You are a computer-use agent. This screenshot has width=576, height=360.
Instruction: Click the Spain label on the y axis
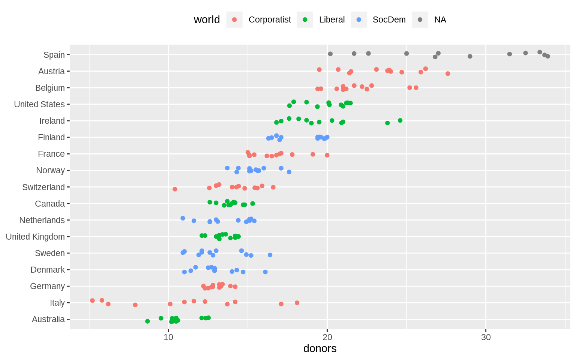[x=54, y=55]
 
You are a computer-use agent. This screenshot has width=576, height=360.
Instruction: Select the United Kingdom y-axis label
[x=35, y=237]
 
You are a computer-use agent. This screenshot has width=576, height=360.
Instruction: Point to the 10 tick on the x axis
[x=168, y=337]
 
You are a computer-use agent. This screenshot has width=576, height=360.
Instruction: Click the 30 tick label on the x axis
[x=486, y=337]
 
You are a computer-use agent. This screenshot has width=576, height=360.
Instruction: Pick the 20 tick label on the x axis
[x=327, y=337]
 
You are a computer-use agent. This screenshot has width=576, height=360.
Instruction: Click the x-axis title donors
[x=320, y=349]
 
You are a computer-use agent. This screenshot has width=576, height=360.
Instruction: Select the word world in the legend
[x=207, y=20]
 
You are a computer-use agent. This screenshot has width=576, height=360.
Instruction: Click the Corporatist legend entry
[x=269, y=20]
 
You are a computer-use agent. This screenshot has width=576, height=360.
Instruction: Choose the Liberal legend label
[x=331, y=20]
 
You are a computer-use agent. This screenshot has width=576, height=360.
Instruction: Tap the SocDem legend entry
[x=389, y=20]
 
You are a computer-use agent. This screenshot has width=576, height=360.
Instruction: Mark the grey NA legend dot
[x=420, y=20]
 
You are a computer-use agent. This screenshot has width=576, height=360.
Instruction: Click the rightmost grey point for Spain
[x=547, y=56]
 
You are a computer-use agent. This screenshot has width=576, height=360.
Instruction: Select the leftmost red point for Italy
[x=92, y=300]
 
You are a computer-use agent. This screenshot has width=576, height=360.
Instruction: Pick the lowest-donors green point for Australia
[x=147, y=321]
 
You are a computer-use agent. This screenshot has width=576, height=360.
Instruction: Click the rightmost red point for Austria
[x=448, y=73]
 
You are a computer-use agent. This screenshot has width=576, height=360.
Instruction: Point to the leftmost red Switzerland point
[x=175, y=189]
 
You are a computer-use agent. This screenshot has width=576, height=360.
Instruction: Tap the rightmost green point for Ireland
[x=400, y=120]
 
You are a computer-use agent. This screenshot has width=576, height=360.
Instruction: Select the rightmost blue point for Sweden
[x=270, y=255]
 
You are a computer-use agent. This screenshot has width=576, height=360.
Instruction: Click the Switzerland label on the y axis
[x=43, y=187]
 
